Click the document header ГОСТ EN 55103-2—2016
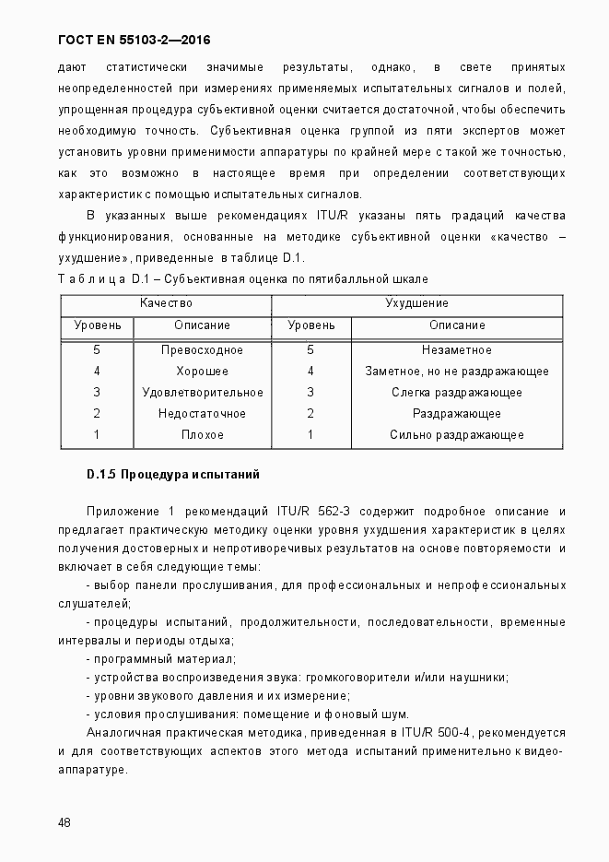[x=128, y=41]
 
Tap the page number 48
[x=64, y=822]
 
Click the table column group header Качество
[x=166, y=303]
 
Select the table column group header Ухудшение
[x=416, y=303]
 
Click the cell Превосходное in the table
[x=202, y=350]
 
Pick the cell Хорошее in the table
[x=202, y=372]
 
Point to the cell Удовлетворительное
[x=202, y=393]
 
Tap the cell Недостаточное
[x=202, y=414]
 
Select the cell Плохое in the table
[x=202, y=435]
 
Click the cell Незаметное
[x=456, y=350]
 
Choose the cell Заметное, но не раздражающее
[x=456, y=372]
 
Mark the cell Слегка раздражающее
[x=456, y=393]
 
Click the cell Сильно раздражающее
[x=456, y=435]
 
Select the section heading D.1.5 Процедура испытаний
[x=173, y=475]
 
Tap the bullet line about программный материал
[x=161, y=659]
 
